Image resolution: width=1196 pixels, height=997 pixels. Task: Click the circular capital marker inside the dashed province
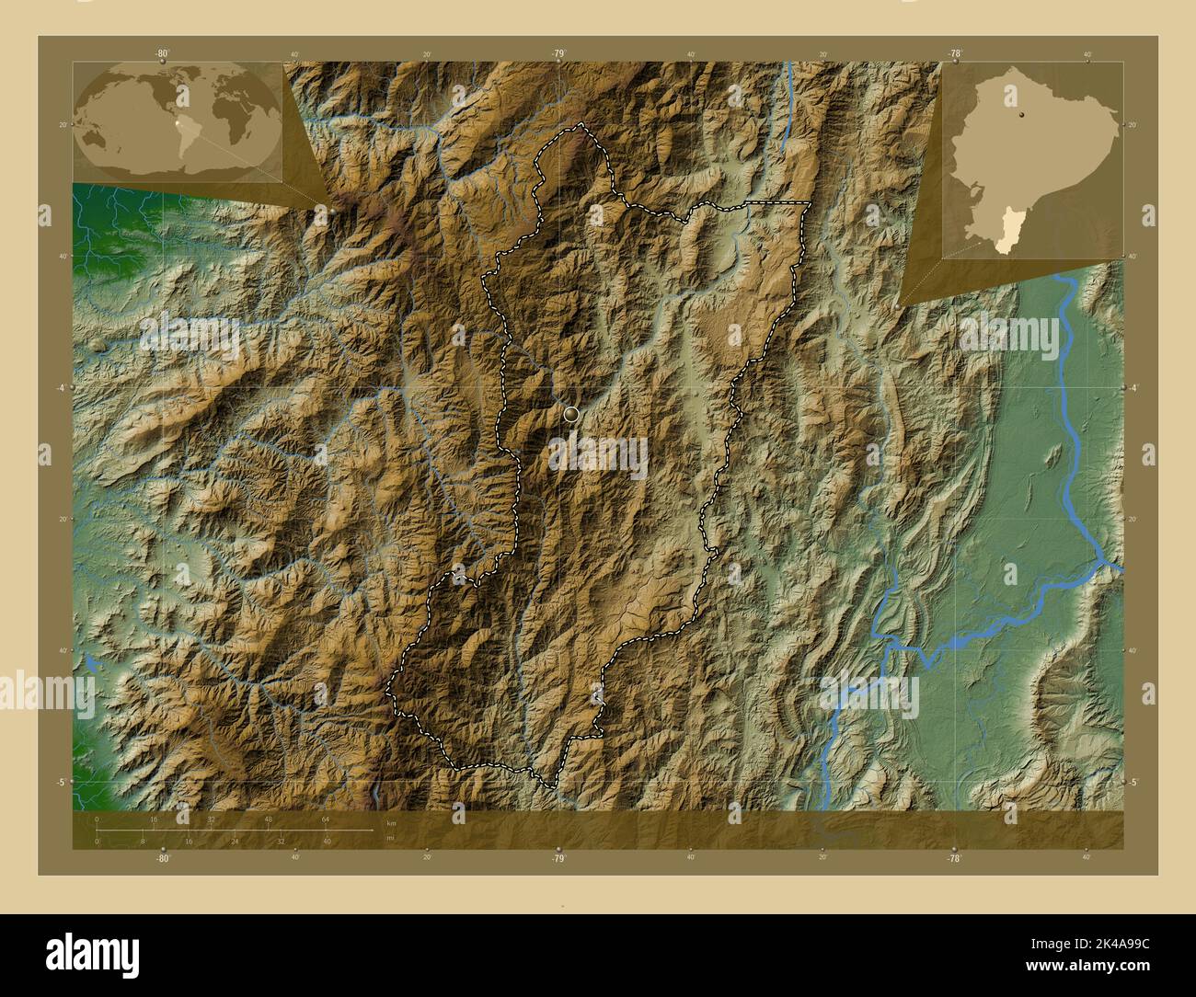click(x=572, y=415)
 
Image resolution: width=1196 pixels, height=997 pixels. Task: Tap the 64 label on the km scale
click(x=326, y=819)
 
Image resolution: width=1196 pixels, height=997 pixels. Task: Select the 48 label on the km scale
click(x=269, y=819)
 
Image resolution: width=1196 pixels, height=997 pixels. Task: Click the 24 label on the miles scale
click(x=235, y=841)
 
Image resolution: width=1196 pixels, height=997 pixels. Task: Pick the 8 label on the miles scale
click(x=143, y=841)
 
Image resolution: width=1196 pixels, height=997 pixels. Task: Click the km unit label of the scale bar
click(x=391, y=822)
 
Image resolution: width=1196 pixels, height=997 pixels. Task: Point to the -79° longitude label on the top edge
click(x=558, y=54)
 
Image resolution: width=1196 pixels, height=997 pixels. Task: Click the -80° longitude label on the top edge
click(x=163, y=54)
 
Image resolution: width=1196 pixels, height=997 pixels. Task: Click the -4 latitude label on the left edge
click(x=61, y=387)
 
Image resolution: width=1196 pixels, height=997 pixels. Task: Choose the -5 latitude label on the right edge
click(x=1133, y=782)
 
